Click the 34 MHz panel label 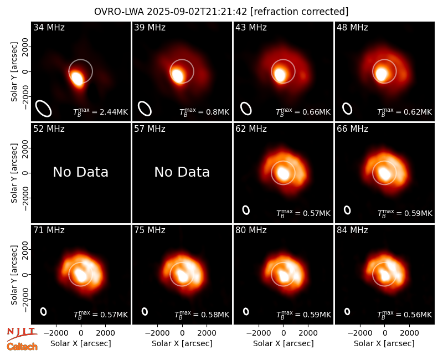coord(49,27)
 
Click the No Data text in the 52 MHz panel coord(80,172)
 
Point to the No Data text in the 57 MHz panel coord(182,172)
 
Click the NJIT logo coord(22,334)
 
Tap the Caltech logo coord(22,347)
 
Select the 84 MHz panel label coord(352,230)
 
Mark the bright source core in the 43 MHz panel coord(280,74)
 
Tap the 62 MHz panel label coord(251,129)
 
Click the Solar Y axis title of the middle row coord(14,173)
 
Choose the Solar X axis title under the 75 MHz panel coord(182,343)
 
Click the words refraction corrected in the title coord(299,12)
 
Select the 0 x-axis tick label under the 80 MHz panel coord(284,333)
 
